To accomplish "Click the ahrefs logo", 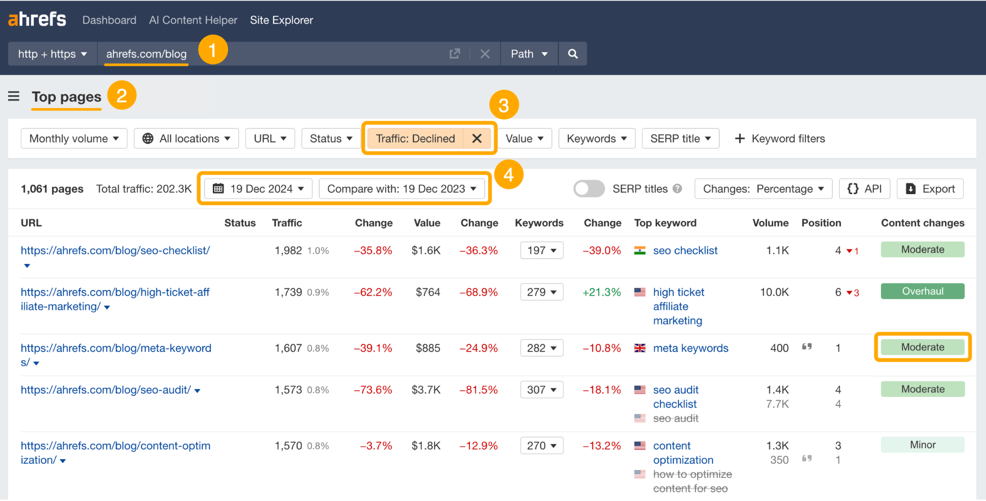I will pyautogui.click(x=37, y=19).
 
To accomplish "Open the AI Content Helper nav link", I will pyautogui.click(x=193, y=20).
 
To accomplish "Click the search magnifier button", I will pyautogui.click(x=572, y=54).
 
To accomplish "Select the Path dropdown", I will pyautogui.click(x=529, y=54).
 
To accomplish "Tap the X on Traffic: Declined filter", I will pyautogui.click(x=477, y=139).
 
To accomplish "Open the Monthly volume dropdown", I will pyautogui.click(x=74, y=139).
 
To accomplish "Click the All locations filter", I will pyautogui.click(x=186, y=139).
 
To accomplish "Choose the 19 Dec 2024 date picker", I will pyautogui.click(x=258, y=189).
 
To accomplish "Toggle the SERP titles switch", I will pyautogui.click(x=589, y=189).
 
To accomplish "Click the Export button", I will pyautogui.click(x=930, y=189).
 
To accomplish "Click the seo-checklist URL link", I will pyautogui.click(x=115, y=250).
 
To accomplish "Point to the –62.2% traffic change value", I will pyautogui.click(x=373, y=292).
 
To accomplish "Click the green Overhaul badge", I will pyautogui.click(x=922, y=291).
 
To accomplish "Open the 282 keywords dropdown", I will pyautogui.click(x=542, y=348).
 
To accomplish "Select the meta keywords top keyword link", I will pyautogui.click(x=690, y=348).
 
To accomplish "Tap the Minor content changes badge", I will pyautogui.click(x=922, y=445).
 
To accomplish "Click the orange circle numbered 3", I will pyautogui.click(x=504, y=105).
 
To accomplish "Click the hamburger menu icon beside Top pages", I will pyautogui.click(x=14, y=96).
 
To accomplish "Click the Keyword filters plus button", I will pyautogui.click(x=739, y=139).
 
